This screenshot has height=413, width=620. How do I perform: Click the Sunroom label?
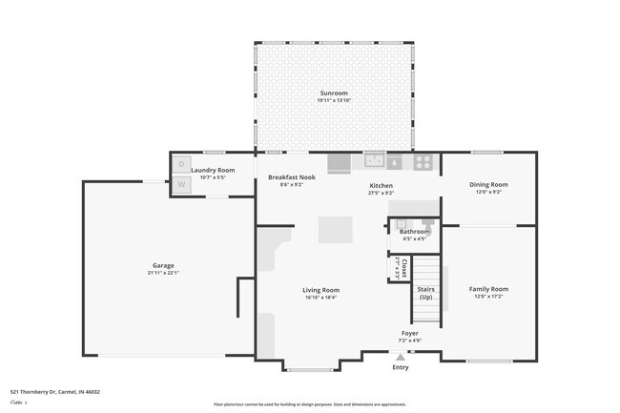(x=334, y=93)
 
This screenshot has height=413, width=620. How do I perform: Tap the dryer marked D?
(x=181, y=164)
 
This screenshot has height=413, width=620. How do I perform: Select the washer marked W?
(x=181, y=183)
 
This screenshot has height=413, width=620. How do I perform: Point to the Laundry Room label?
(x=213, y=170)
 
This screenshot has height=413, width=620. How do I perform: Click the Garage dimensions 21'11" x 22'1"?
(x=163, y=274)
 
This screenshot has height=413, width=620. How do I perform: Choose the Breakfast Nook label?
(x=291, y=177)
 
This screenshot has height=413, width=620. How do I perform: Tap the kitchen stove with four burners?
(x=424, y=162)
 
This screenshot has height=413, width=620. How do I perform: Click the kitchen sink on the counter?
(x=373, y=160)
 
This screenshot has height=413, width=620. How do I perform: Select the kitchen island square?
(x=335, y=230)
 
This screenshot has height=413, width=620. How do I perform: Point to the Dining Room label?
(x=487, y=184)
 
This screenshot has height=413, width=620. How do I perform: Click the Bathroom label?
(x=414, y=231)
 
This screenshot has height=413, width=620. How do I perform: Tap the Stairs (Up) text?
(x=425, y=293)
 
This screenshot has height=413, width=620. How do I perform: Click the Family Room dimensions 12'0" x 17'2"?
(x=487, y=297)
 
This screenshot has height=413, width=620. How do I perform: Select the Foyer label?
(x=408, y=333)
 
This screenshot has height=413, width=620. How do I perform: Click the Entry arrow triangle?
(x=400, y=357)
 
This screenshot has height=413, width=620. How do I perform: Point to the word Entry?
(x=400, y=367)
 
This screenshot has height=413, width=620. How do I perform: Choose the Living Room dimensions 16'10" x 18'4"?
(x=320, y=298)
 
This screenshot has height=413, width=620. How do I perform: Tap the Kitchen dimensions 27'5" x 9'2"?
(x=382, y=194)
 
